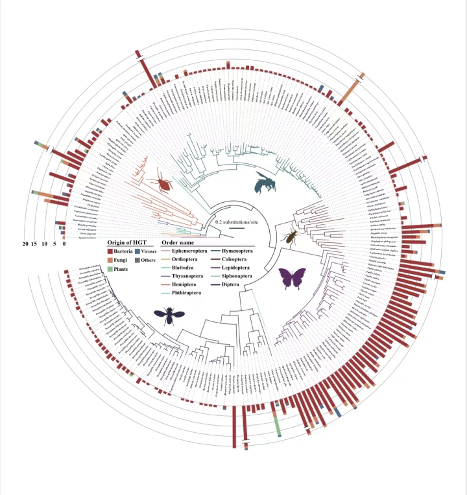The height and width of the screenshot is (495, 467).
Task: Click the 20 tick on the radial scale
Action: tap(25, 244)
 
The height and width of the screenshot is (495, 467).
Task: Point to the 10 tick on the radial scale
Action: tap(44, 244)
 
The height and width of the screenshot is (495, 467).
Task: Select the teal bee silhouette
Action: tap(265, 183)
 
